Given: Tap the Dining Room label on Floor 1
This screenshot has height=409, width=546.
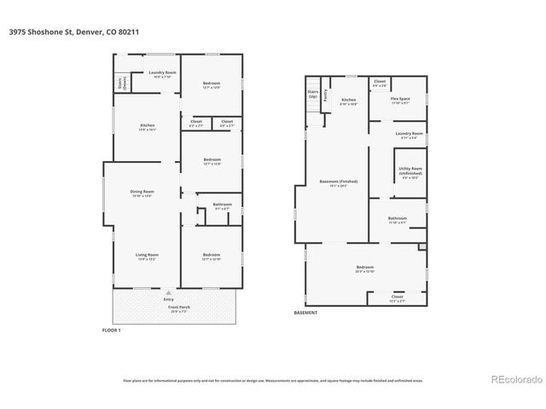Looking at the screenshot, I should click(142, 192).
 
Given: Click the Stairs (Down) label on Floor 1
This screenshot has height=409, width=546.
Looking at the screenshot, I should click(120, 84).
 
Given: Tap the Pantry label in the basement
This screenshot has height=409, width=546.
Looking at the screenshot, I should click(326, 95).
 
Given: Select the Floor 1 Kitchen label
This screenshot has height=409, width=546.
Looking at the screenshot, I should click(148, 126).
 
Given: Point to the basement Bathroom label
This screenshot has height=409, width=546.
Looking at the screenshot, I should click(398, 218).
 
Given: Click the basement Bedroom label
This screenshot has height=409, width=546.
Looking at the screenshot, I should click(365, 267).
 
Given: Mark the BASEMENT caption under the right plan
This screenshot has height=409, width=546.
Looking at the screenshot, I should click(305, 313).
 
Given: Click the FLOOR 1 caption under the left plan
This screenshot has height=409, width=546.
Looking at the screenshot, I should click(112, 330).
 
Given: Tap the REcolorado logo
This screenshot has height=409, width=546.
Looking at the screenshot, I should click(512, 379).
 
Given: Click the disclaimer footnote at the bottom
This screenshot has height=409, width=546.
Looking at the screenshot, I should click(273, 380).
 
